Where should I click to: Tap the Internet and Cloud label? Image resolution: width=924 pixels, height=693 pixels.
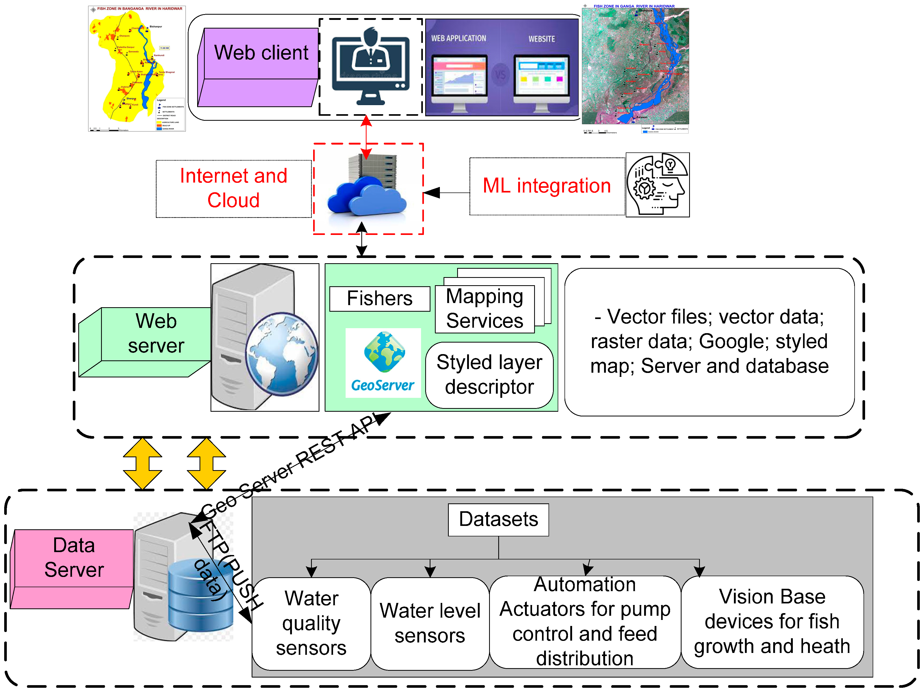click(234, 188)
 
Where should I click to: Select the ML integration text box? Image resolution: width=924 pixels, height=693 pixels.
click(546, 186)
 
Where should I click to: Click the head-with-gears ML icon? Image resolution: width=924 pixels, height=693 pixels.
click(657, 185)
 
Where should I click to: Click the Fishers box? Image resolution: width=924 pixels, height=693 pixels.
click(379, 299)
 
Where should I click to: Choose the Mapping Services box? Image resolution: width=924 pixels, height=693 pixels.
click(485, 309)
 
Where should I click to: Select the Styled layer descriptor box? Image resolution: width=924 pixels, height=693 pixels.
click(489, 375)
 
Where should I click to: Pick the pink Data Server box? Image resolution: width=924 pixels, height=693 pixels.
click(74, 558)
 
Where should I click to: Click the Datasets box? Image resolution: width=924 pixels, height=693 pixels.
click(498, 520)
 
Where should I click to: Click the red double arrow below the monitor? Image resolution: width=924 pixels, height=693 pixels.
click(366, 137)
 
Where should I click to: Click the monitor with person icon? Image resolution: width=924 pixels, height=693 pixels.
click(370, 67)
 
